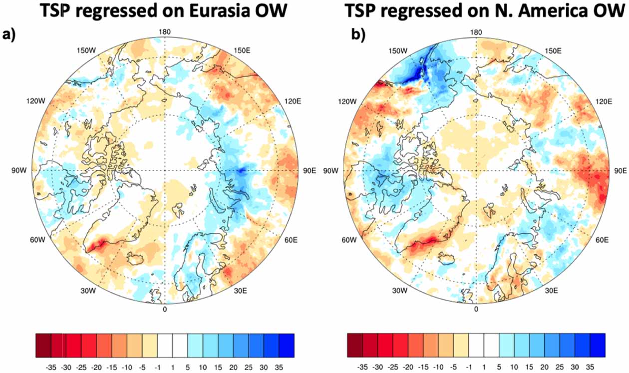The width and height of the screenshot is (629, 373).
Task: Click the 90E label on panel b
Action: pos(619,170)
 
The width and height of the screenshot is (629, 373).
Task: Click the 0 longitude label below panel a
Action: pos(165,309)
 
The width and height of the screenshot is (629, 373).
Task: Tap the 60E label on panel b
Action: pos(602,240)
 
